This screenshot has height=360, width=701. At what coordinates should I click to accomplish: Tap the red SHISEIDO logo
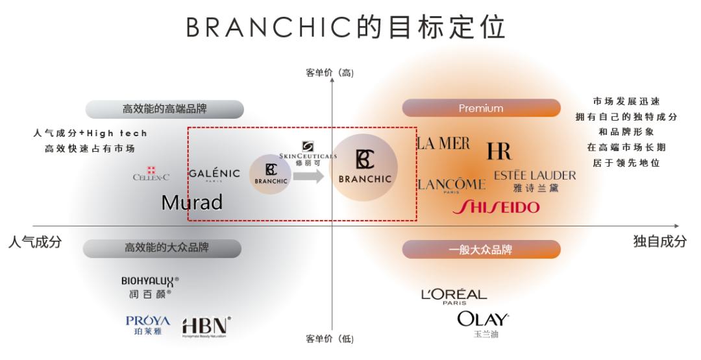pyautogui.click(x=495, y=207)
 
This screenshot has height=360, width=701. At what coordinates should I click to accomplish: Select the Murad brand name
pyautogui.click(x=192, y=202)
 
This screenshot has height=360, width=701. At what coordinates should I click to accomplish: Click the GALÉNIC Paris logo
pyautogui.click(x=214, y=174)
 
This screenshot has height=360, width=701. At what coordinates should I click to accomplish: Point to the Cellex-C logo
pyautogui.click(x=151, y=174)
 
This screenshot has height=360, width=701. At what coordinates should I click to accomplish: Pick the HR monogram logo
pyautogui.click(x=499, y=151)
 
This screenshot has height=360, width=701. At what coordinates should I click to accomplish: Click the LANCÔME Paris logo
pyautogui.click(x=450, y=185)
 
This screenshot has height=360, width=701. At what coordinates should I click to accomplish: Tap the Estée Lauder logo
pyautogui.click(x=534, y=180)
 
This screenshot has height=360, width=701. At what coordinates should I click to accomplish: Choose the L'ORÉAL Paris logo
pyautogui.click(x=454, y=296)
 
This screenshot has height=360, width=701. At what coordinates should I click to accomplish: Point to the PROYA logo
pyautogui.click(x=148, y=325)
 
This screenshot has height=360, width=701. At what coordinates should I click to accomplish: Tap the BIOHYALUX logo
pyautogui.click(x=150, y=287)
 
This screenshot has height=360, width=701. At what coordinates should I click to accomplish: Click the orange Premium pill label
pyautogui.click(x=481, y=108)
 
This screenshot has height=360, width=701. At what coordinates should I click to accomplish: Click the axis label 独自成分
pyautogui.click(x=659, y=241)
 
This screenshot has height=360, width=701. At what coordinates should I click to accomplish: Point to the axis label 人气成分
pyautogui.click(x=35, y=241)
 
